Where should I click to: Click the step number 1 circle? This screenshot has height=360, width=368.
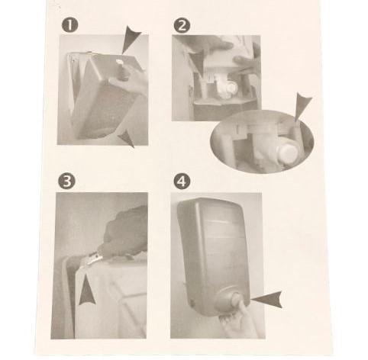coord(69,25)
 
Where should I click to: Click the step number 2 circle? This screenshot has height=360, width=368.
coord(182,25)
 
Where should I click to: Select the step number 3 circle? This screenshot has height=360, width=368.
coord(66,181)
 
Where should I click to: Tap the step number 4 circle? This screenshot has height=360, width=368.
coord(182,181)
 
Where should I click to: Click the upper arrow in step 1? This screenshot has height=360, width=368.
coord(130,39)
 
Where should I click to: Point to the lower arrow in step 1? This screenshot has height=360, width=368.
coord(127,139)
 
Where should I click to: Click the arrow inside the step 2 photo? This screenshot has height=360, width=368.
coord(197,61)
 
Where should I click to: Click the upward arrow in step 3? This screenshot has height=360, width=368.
coord(86,291)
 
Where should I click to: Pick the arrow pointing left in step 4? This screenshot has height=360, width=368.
coord(267,299)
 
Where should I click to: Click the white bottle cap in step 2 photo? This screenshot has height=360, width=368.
coord(231,88)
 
